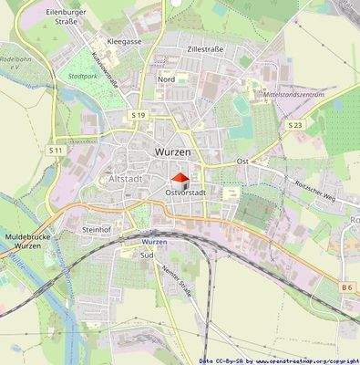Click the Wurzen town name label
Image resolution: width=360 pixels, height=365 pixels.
click(x=174, y=151)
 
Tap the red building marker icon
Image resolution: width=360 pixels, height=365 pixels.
click(x=180, y=179)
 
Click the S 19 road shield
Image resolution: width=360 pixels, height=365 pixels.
click(x=138, y=115)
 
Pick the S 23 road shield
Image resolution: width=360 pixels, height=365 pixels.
click(x=294, y=123)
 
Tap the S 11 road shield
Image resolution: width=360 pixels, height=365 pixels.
click(x=56, y=149)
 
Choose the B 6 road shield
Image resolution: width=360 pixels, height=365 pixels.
click(x=346, y=287)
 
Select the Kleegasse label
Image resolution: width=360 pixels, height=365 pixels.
click(x=124, y=42)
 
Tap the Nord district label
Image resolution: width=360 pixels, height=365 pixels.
click(x=166, y=79)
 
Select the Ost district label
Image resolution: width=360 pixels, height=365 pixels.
click(x=242, y=161)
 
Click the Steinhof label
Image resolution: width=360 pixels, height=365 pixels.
click(x=97, y=229)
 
